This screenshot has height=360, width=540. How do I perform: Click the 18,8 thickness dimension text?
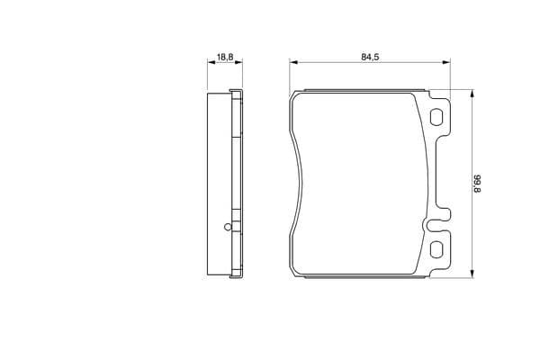225,58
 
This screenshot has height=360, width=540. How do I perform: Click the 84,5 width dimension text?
370,58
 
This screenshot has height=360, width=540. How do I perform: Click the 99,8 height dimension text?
477,184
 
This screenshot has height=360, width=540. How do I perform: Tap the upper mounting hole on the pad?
436,117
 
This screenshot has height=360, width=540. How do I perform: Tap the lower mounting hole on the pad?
436,249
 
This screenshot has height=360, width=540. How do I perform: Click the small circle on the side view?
228,227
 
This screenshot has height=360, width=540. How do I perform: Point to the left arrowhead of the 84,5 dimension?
293,62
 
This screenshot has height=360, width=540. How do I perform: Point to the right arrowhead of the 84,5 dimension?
446,62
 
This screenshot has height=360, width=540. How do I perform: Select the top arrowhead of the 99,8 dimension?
472,94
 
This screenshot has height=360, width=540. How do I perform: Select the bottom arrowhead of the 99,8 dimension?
472,274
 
